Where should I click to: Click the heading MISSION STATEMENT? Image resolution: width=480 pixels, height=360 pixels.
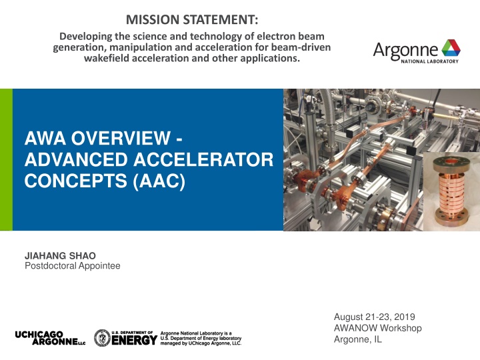[x=192, y=19]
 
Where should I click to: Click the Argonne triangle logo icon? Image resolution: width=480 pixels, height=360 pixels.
[x=451, y=48]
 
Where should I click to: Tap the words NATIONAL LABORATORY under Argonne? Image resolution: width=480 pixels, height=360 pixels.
[x=429, y=61]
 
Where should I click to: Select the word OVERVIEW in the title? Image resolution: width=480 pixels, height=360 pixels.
[x=121, y=138]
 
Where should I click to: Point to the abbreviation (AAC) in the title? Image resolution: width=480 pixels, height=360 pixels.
[x=159, y=181]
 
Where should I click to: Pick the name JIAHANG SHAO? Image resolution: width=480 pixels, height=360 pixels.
[x=60, y=255]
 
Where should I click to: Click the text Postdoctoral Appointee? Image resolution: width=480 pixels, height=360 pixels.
[x=72, y=266]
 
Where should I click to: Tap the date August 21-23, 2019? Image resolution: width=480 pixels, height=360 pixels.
[x=375, y=317]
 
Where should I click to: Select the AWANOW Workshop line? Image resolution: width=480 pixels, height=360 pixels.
[x=378, y=328]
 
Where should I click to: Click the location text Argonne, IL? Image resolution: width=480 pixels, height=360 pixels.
[x=358, y=339]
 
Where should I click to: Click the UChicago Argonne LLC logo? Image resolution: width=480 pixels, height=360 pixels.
[x=50, y=338]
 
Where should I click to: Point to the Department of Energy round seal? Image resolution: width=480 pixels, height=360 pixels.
[x=102, y=338]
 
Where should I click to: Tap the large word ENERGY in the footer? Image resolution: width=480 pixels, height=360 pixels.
[x=135, y=340]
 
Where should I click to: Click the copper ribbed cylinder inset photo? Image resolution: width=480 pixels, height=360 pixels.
[x=451, y=191]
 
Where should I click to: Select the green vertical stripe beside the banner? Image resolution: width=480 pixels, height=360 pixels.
[x=6, y=159]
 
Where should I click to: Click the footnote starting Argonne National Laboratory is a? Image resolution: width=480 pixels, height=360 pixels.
[x=201, y=338]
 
